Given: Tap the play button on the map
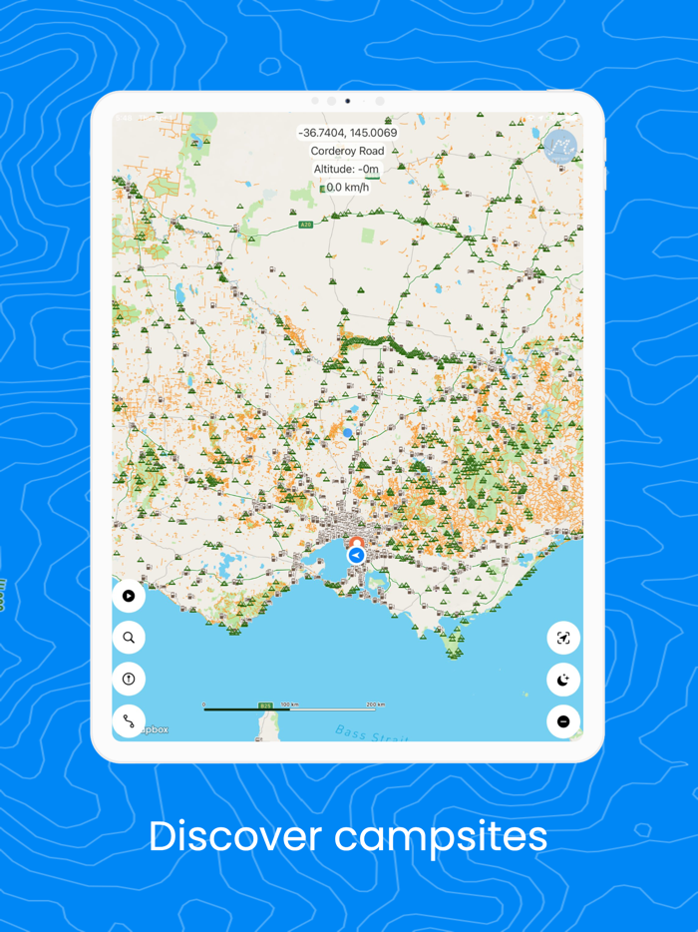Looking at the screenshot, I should tap(129, 596).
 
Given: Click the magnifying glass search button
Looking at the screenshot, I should tap(129, 638).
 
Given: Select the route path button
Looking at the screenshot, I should tap(129, 720).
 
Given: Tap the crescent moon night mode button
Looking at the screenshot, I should tap(563, 680).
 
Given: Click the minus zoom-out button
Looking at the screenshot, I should tap(563, 720).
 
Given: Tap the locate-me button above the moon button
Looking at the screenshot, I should tap(563, 638).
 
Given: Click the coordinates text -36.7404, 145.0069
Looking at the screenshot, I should tap(347, 133).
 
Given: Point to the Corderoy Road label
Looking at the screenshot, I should tap(347, 151).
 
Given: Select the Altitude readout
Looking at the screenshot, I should tap(347, 169).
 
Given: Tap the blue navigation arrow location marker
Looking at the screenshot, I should tap(356, 555).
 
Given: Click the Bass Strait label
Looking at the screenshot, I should tap(359, 734).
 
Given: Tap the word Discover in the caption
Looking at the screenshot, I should tap(234, 836).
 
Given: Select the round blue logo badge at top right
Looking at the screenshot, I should tap(561, 147).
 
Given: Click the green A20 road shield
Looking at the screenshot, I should tap(306, 225).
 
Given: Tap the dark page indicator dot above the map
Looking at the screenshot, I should tap(347, 101).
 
